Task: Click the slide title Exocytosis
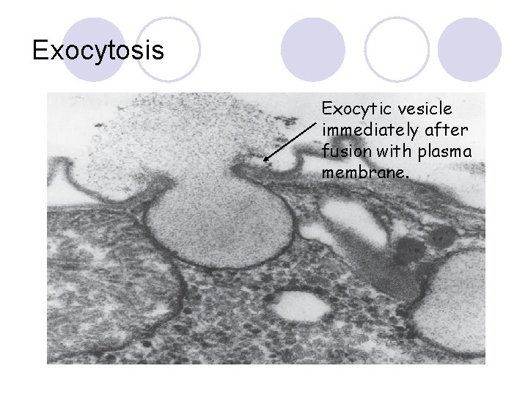[x=98, y=51]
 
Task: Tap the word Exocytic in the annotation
[x=351, y=109]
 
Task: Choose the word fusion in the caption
[x=345, y=151]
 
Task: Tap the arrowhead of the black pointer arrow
[x=265, y=159]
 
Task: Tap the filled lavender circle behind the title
[x=93, y=49]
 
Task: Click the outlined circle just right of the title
[x=169, y=49]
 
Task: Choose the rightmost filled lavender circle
[x=470, y=49]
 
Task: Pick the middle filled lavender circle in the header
[x=313, y=49]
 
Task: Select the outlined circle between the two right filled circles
[x=397, y=49]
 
